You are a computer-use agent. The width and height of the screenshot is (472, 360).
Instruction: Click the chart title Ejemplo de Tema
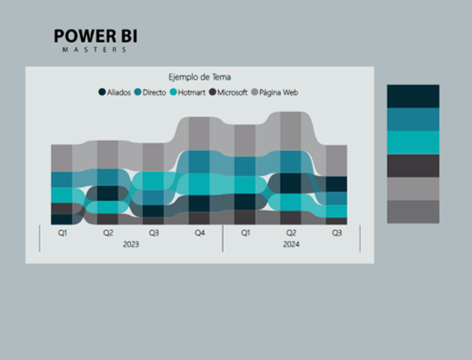(x=199, y=77)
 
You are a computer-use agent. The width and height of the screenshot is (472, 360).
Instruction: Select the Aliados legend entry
(x=115, y=92)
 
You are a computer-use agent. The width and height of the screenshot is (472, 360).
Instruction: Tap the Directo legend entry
(x=151, y=92)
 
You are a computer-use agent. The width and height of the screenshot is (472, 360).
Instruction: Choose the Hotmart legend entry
(x=188, y=92)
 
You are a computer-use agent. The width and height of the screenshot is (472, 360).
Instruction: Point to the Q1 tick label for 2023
(x=63, y=233)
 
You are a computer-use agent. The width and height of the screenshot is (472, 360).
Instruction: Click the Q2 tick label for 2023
(x=108, y=233)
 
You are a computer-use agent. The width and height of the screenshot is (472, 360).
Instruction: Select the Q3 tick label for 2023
(x=154, y=233)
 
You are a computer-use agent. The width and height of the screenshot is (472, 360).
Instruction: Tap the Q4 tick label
(x=199, y=233)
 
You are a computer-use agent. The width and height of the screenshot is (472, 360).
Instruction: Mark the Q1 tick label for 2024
(x=246, y=233)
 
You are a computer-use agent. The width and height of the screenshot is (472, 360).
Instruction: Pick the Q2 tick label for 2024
(x=291, y=233)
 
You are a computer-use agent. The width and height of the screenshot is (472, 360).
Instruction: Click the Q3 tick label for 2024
(x=336, y=233)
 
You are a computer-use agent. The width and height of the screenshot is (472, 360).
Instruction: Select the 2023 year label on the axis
(x=131, y=245)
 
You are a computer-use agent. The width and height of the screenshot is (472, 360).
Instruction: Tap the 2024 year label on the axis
(x=291, y=245)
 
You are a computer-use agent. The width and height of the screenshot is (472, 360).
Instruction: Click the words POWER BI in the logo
(x=95, y=36)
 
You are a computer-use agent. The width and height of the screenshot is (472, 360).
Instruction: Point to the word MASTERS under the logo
(x=95, y=50)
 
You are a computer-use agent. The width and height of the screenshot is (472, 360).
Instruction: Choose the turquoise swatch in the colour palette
(x=413, y=143)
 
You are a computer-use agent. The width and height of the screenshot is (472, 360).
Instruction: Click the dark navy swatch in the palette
(x=413, y=96)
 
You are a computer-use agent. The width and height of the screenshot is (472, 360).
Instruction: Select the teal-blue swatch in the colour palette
(x=413, y=119)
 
